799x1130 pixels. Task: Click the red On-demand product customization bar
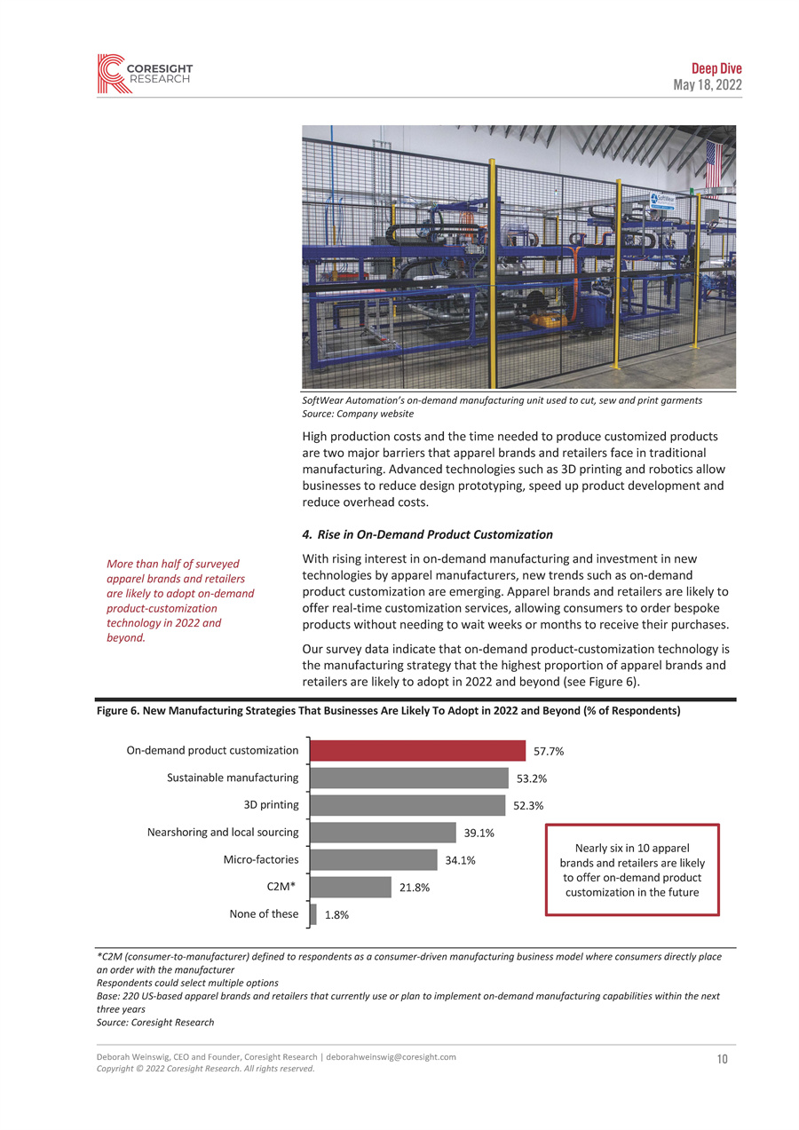(417, 751)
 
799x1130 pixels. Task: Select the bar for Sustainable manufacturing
(409, 778)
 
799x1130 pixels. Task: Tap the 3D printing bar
(407, 805)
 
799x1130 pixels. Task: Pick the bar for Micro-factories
(374, 860)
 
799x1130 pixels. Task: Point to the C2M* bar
(351, 888)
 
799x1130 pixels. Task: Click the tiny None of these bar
(313, 914)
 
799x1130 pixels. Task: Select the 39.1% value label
(479, 834)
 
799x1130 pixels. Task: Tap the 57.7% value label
(549, 752)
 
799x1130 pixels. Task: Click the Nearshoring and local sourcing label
(223, 833)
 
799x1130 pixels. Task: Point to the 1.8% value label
(336, 915)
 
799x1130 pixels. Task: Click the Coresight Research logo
(144, 74)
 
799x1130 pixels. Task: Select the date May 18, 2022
(707, 85)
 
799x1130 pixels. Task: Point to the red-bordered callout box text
(631, 869)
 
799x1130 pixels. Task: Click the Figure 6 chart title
(388, 711)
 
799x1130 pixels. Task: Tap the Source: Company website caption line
(358, 414)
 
